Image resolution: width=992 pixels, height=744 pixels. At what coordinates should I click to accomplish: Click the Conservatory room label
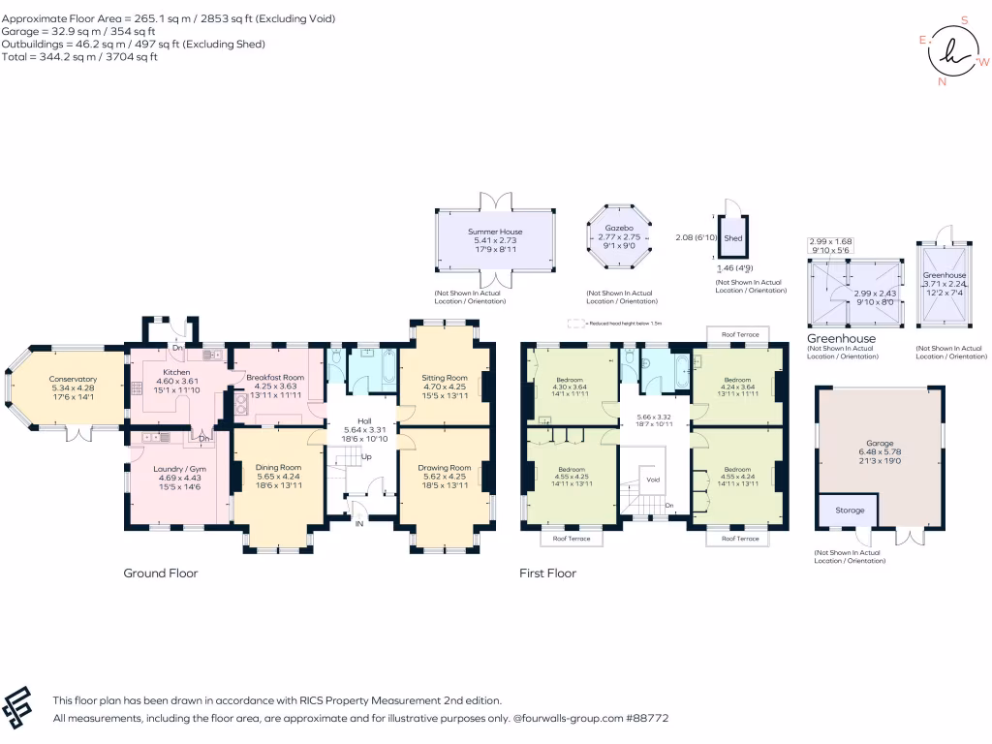tap(74, 379)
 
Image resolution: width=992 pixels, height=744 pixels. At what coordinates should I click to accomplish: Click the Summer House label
tap(495, 232)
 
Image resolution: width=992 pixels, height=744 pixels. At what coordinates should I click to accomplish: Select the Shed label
tap(733, 238)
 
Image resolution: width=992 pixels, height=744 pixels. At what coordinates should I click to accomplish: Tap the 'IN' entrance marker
tap(359, 524)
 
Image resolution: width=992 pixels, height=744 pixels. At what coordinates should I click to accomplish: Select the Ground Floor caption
tap(161, 573)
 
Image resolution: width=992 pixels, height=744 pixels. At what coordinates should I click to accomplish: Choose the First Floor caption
tap(548, 573)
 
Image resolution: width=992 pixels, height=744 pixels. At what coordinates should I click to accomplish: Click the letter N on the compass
tap(941, 82)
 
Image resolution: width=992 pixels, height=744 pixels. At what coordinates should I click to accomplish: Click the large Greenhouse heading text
tap(842, 339)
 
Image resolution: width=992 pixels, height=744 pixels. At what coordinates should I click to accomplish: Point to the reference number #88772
tap(647, 719)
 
